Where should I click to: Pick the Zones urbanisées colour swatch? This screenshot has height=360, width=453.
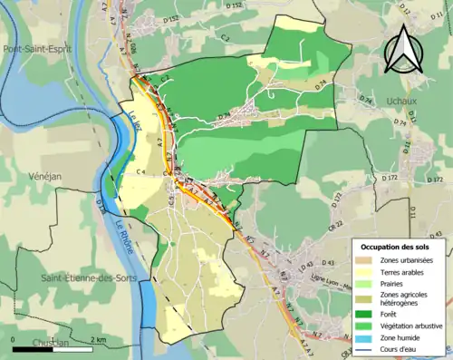[364, 261]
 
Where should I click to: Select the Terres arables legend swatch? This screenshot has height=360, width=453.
[364, 272]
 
